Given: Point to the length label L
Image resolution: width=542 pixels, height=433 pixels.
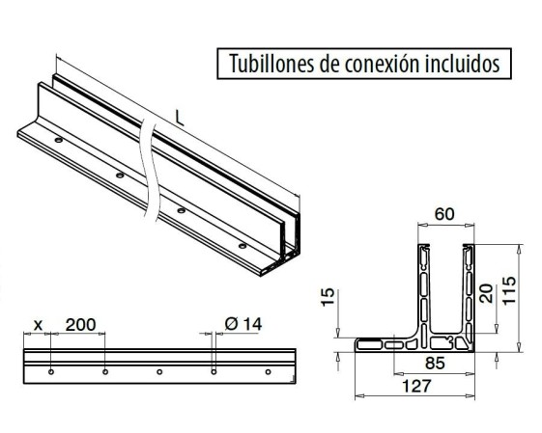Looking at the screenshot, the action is (180, 119).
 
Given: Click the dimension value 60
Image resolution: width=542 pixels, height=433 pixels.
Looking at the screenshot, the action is (444, 214).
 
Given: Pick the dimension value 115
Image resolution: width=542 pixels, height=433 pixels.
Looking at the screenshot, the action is (509, 290).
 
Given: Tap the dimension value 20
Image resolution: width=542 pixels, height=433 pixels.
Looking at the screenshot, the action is (486, 293).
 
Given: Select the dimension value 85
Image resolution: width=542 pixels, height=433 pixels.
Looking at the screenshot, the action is (435, 363).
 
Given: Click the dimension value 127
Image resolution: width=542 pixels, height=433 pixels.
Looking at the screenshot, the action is (416, 386).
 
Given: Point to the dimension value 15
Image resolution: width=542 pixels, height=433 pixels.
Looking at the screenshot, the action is (328, 297).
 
